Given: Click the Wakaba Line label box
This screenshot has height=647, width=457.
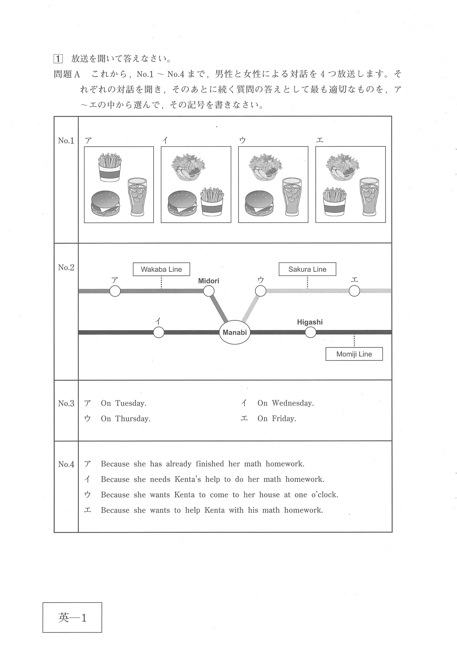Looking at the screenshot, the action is (x=161, y=269).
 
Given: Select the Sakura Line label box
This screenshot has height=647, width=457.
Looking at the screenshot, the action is (x=307, y=269).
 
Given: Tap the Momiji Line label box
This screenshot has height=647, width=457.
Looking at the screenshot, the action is (x=354, y=354).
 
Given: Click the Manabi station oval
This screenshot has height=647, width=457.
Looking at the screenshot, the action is (x=235, y=332).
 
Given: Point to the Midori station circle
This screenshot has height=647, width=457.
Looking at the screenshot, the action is (x=209, y=291).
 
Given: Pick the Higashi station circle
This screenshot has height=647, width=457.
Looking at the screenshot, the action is (x=310, y=332).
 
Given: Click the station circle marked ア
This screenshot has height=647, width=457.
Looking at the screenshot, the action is (x=115, y=291).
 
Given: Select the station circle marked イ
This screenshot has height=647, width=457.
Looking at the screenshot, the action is (x=159, y=332).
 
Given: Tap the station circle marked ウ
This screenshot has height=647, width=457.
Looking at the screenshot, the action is (x=261, y=291).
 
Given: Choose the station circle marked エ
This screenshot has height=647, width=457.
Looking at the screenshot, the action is (x=354, y=291).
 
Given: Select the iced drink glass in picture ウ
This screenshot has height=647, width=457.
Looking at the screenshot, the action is (x=292, y=197).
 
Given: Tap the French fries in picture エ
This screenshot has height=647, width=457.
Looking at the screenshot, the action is (x=335, y=202).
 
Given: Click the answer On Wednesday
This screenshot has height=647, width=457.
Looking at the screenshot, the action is (x=285, y=403).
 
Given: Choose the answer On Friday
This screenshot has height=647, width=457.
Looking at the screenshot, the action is (x=277, y=418).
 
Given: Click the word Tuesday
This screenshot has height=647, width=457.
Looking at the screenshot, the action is (x=131, y=403).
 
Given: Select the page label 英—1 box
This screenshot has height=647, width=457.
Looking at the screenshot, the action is (x=72, y=617).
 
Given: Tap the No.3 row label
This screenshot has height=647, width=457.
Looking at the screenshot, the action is (x=66, y=403).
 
